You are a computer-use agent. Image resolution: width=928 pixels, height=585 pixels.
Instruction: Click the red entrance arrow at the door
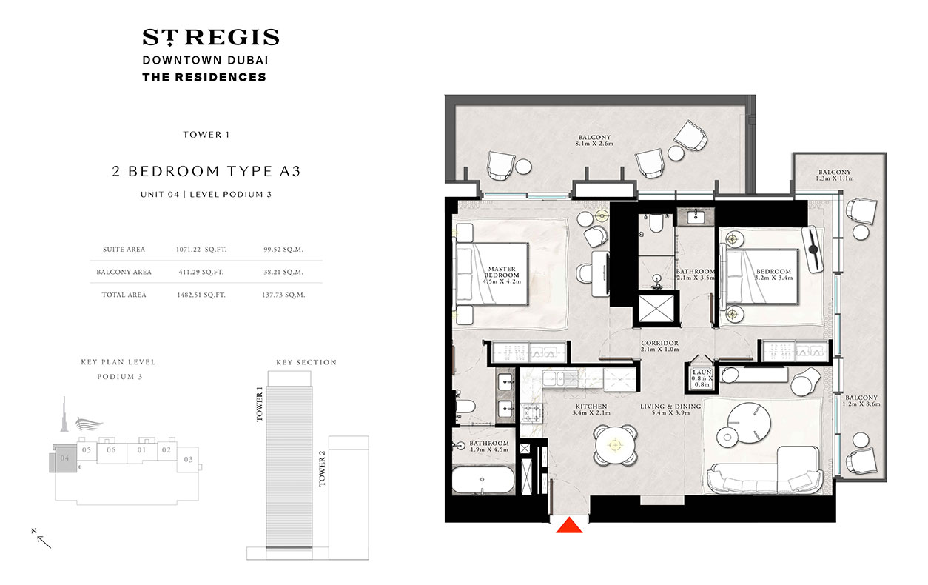pyautogui.click(x=569, y=525)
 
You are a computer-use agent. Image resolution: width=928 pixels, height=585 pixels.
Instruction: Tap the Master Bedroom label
pyautogui.click(x=501, y=275)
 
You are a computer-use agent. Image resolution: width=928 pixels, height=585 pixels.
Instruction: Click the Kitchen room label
pyautogui.click(x=589, y=410)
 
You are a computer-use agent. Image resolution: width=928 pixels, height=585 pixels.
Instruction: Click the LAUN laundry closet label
pyautogui.click(x=702, y=378)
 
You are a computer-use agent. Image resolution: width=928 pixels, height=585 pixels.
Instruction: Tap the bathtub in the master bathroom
pyautogui.click(x=483, y=482)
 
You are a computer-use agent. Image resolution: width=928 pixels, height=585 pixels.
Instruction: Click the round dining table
pyautogui.click(x=613, y=445)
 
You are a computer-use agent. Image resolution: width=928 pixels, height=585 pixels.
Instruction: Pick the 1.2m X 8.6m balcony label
pyautogui.click(x=862, y=402)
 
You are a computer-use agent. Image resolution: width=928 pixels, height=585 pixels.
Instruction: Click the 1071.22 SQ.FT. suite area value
pyautogui.click(x=199, y=250)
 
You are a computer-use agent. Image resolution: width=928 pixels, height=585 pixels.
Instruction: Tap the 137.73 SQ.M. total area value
pyautogui.click(x=284, y=295)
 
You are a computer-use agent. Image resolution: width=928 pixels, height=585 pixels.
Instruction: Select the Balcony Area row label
pyautogui.click(x=124, y=273)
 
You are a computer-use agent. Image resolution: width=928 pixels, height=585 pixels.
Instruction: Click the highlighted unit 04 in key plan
pyautogui.click(x=64, y=458)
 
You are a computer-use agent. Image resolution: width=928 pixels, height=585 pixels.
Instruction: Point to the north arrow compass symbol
pyautogui.click(x=41, y=538)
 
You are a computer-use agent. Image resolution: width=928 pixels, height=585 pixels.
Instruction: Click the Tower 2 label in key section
pyautogui.click(x=322, y=469)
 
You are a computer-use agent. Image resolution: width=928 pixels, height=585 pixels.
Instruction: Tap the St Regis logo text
pyautogui.click(x=210, y=37)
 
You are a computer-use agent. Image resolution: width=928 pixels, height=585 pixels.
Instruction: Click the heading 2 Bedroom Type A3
pyautogui.click(x=206, y=171)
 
